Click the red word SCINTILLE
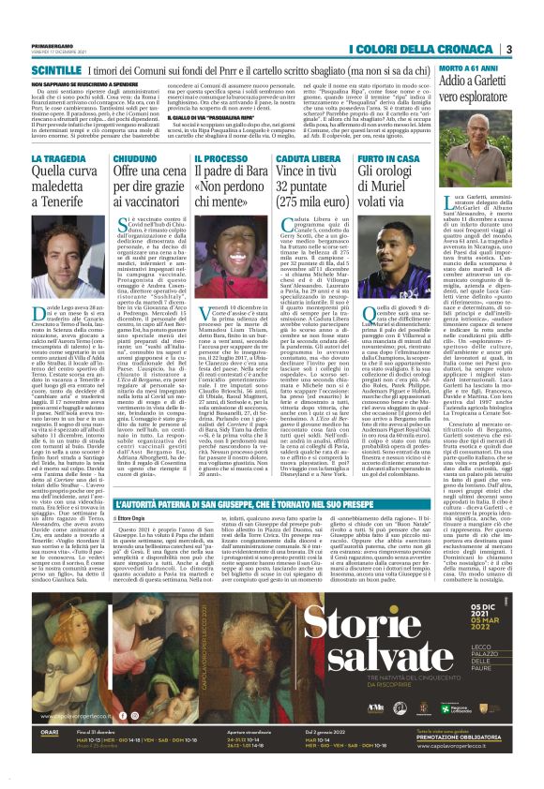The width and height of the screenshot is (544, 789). pyautogui.click(x=55, y=70)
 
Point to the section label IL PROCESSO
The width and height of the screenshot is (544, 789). pyautogui.click(x=221, y=158)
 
